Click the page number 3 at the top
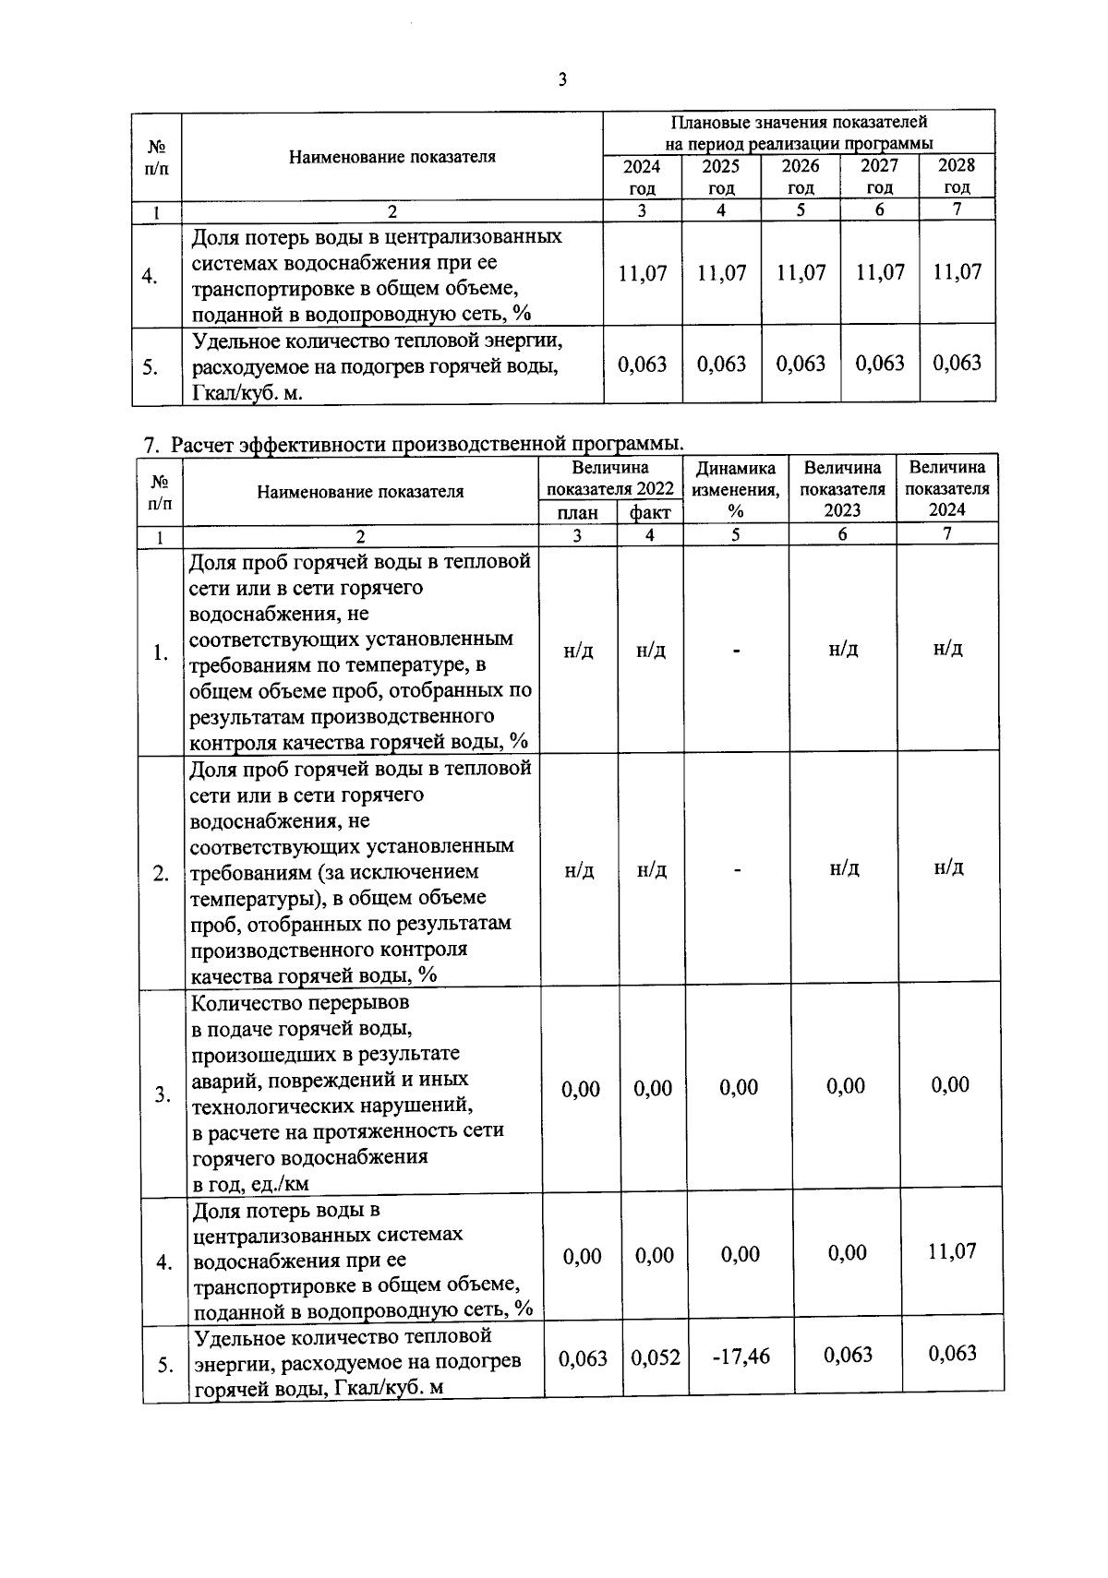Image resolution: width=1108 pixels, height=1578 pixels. point(562,80)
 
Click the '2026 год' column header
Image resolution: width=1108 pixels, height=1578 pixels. point(800,175)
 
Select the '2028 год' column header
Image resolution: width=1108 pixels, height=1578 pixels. point(957,175)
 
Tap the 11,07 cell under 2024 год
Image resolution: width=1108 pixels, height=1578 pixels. point(642,273)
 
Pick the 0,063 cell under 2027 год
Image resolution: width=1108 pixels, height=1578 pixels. point(879,363)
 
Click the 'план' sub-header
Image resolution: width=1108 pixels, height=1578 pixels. point(578,513)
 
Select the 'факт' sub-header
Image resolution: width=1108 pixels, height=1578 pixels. point(650,513)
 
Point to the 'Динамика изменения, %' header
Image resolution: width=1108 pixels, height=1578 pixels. point(736,489)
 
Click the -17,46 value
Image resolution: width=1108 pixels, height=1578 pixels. point(741,1357)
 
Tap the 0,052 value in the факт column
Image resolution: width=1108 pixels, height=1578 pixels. point(655,1357)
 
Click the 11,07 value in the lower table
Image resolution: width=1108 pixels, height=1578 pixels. point(952,1251)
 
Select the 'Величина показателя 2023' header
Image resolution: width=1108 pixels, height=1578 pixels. point(842,489)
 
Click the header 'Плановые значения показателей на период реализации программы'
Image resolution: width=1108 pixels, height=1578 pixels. point(799,132)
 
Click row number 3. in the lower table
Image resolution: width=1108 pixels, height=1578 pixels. point(163,1094)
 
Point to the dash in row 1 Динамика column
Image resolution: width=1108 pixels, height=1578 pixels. point(737,652)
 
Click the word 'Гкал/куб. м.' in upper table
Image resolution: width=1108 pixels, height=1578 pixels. point(248,393)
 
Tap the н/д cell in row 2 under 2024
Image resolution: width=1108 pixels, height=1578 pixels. point(948,867)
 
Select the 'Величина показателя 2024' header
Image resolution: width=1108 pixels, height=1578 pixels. point(947,488)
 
